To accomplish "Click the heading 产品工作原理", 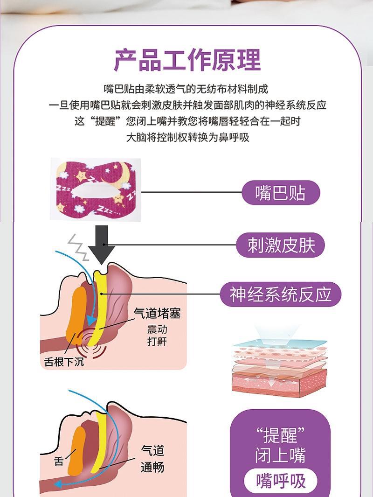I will (x=187, y=60).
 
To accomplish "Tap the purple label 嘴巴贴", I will (x=280, y=192).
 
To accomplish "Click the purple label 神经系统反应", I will (x=281, y=294).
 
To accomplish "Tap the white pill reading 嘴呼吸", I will (x=281, y=481).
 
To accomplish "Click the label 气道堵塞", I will (x=157, y=313).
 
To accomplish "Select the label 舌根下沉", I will (x=64, y=362).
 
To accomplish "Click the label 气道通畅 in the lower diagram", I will (x=152, y=458).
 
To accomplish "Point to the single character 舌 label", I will (x=59, y=461).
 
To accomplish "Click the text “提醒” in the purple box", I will (x=281, y=435).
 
